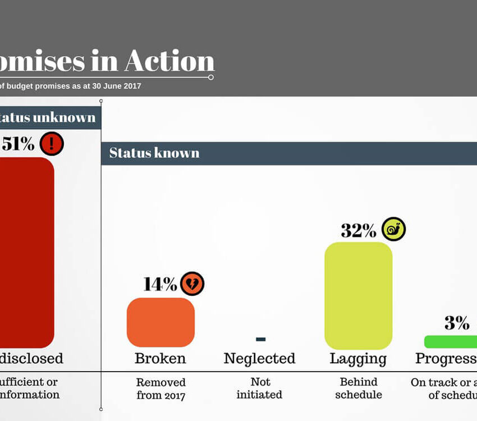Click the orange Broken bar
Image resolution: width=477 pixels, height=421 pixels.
(x=160, y=322)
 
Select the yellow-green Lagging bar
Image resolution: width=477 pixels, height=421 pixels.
(x=358, y=296)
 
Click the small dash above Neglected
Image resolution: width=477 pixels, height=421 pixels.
(x=260, y=339)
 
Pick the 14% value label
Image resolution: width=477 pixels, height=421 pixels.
(x=160, y=284)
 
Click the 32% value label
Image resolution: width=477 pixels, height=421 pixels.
(x=358, y=230)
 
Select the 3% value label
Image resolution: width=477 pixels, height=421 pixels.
(x=457, y=323)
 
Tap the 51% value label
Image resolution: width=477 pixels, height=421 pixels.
(x=18, y=144)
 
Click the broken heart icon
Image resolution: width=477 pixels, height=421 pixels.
(x=192, y=283)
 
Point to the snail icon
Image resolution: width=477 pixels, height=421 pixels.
(x=393, y=229)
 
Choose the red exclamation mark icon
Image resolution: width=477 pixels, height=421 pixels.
(x=52, y=144)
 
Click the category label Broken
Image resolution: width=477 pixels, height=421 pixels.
(x=160, y=359)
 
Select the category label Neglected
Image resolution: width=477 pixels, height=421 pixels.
(x=259, y=359)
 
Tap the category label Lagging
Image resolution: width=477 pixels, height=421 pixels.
(x=358, y=359)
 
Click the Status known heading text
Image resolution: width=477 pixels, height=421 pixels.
(x=154, y=153)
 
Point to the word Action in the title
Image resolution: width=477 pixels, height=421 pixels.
(x=169, y=61)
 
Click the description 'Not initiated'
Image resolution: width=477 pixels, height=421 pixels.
(x=259, y=388)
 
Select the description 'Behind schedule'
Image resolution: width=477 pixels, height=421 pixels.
(x=359, y=388)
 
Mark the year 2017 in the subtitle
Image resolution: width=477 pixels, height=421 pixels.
(x=130, y=86)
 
